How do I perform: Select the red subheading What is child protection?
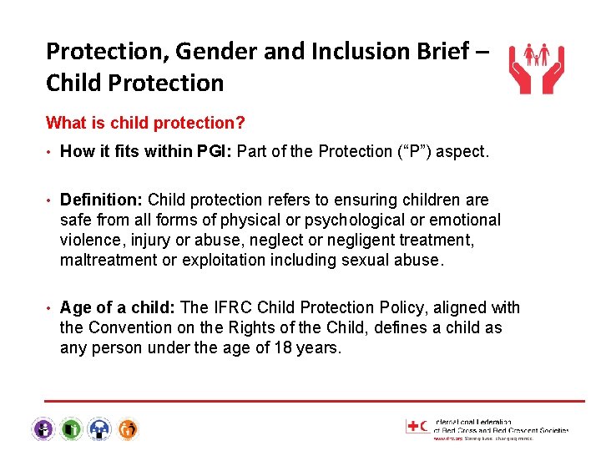[x=145, y=123]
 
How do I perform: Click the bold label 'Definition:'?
[x=102, y=200]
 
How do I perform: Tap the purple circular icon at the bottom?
[x=43, y=429]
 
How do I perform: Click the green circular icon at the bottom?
[x=72, y=429]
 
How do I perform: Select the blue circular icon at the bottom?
[x=99, y=429]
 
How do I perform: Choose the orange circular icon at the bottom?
[x=127, y=429]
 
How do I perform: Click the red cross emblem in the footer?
[x=413, y=426]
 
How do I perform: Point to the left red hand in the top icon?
[x=520, y=78]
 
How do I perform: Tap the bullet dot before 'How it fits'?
[x=50, y=152]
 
